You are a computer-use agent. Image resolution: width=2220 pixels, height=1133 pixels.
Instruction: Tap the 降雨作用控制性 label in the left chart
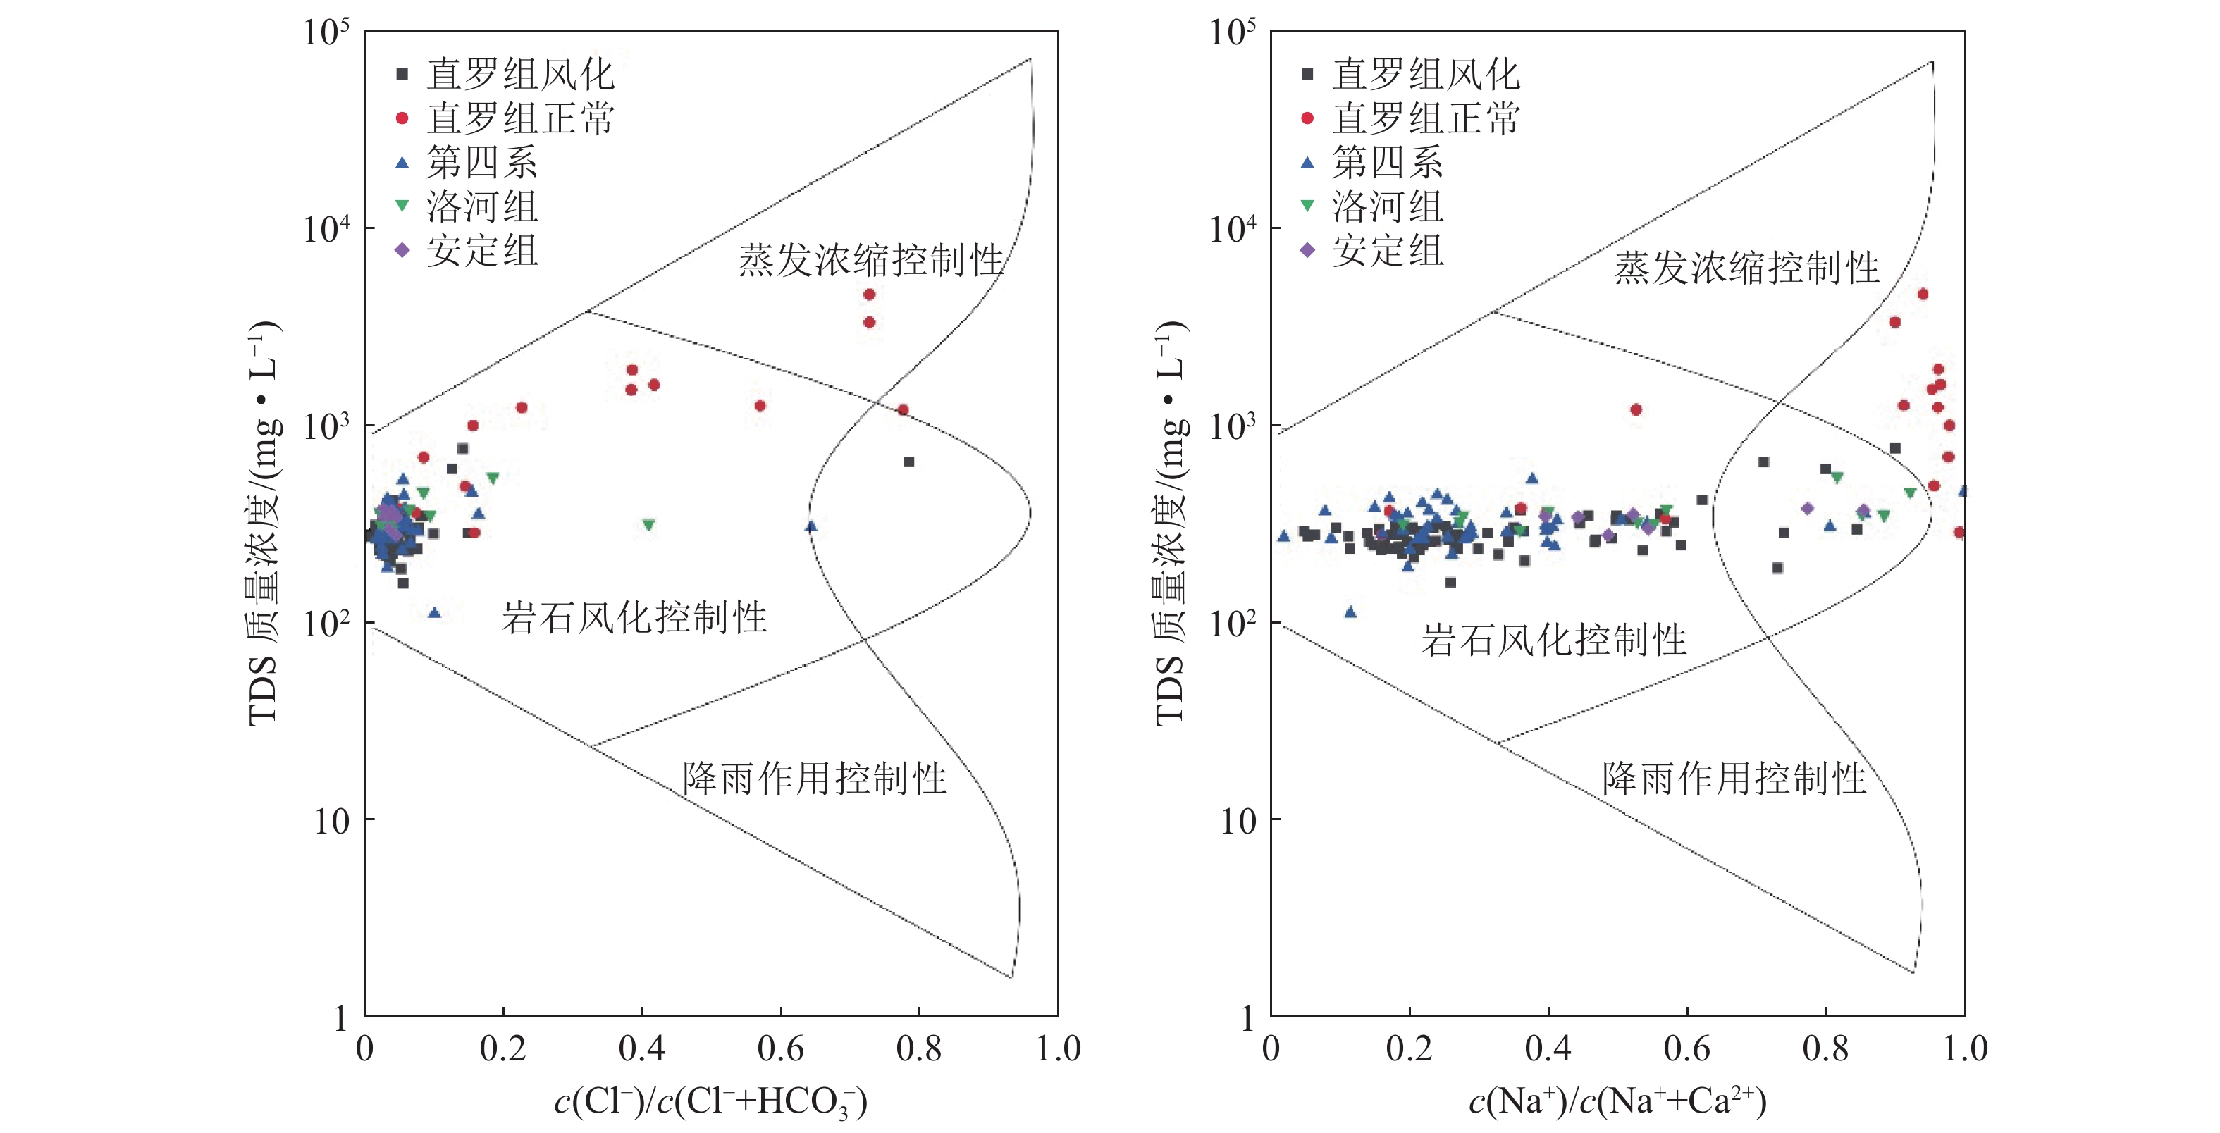(815, 779)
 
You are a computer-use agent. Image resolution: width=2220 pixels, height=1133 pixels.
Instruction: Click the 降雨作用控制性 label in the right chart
(1734, 779)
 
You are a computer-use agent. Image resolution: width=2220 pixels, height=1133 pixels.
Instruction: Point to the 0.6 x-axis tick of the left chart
(781, 1048)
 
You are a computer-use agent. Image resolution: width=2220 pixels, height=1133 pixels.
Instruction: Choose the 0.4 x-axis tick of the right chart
(1548, 1048)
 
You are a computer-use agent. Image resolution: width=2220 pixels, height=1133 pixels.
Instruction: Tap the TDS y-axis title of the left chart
(264, 523)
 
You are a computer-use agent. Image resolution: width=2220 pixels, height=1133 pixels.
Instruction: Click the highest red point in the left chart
(870, 295)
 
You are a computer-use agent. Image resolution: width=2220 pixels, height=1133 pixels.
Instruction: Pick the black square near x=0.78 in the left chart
(908, 462)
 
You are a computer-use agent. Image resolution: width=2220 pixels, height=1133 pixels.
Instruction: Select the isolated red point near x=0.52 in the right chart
(1636, 410)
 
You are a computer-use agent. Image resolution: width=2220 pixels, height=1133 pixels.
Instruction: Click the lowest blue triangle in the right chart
(1350, 612)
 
